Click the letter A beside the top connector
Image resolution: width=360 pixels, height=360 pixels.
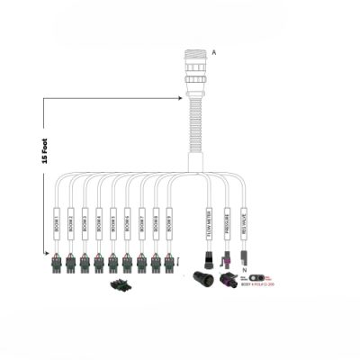[x=213, y=53]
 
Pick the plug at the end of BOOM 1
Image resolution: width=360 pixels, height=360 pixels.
[x=57, y=263]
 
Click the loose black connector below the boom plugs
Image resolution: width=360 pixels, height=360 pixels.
[x=119, y=286]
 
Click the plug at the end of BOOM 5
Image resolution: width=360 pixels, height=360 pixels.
[x=112, y=263]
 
